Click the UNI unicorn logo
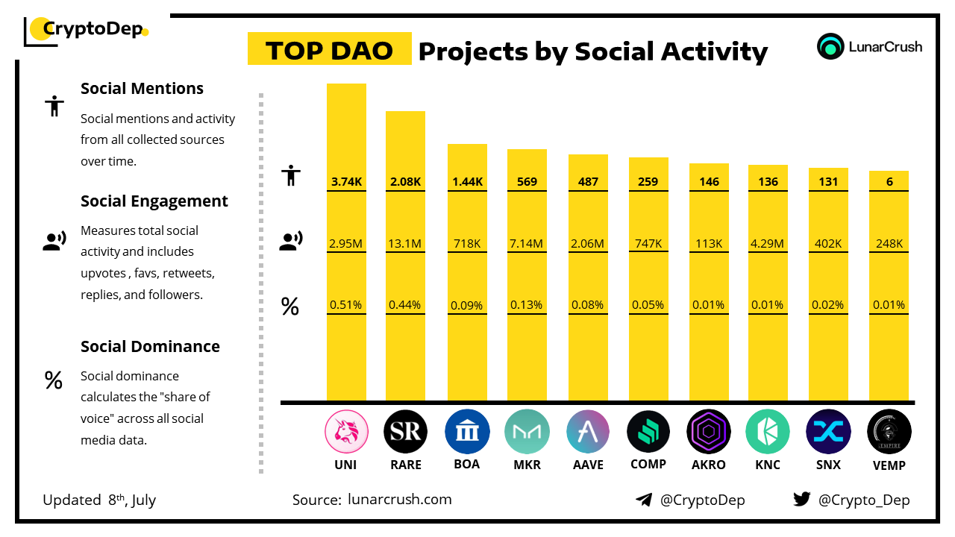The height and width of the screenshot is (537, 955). click(347, 432)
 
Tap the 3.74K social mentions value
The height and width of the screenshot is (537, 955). click(346, 181)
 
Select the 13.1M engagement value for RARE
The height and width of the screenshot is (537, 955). click(405, 243)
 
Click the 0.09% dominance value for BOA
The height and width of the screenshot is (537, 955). click(467, 305)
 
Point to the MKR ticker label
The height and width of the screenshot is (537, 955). click(527, 465)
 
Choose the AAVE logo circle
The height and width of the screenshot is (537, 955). click(589, 432)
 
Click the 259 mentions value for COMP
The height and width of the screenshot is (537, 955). click(648, 181)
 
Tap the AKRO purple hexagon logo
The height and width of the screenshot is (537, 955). click(709, 432)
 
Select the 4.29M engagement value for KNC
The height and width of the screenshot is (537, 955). click(768, 243)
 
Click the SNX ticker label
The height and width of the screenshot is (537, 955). click(828, 465)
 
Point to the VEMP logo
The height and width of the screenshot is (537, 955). click(889, 432)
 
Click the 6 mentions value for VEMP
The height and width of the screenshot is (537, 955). click(889, 181)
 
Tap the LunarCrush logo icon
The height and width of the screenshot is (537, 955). click(830, 46)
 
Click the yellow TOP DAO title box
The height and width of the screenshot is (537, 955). click(329, 49)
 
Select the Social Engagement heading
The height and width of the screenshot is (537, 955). click(154, 201)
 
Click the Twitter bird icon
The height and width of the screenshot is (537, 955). click(802, 499)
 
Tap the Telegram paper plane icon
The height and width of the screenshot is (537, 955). click(644, 499)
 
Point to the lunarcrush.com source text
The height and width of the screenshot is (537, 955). click(400, 499)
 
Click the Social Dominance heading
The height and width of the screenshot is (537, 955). click(150, 347)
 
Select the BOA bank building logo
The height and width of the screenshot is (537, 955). click(467, 432)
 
